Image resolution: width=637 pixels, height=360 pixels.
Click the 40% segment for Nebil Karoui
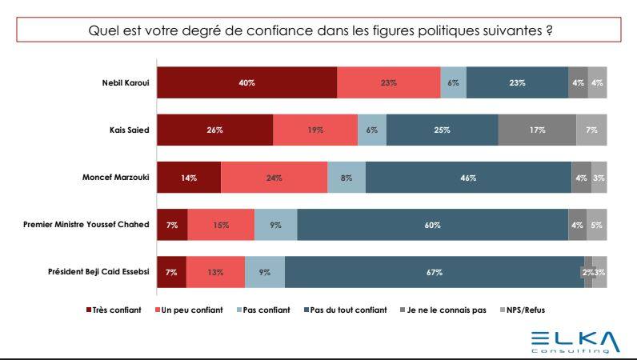point(246,82)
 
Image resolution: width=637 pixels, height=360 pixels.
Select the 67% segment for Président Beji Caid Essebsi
point(434,272)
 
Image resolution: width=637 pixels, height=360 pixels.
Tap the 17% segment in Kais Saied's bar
point(537,130)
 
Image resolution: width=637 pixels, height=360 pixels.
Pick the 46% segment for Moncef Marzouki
point(467,178)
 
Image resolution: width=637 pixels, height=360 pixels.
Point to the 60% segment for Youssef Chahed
point(432,225)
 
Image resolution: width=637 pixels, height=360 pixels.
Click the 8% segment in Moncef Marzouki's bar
point(347,178)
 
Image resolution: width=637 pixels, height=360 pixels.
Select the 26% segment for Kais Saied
point(214,130)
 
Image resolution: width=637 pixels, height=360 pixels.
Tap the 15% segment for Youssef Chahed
point(221,225)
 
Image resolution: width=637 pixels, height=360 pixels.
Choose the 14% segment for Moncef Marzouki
point(189,178)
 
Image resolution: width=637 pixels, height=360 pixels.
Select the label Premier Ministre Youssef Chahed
point(86,225)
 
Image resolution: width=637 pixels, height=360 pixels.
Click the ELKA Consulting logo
point(575,341)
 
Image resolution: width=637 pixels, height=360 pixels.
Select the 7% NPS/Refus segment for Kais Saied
point(591,130)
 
